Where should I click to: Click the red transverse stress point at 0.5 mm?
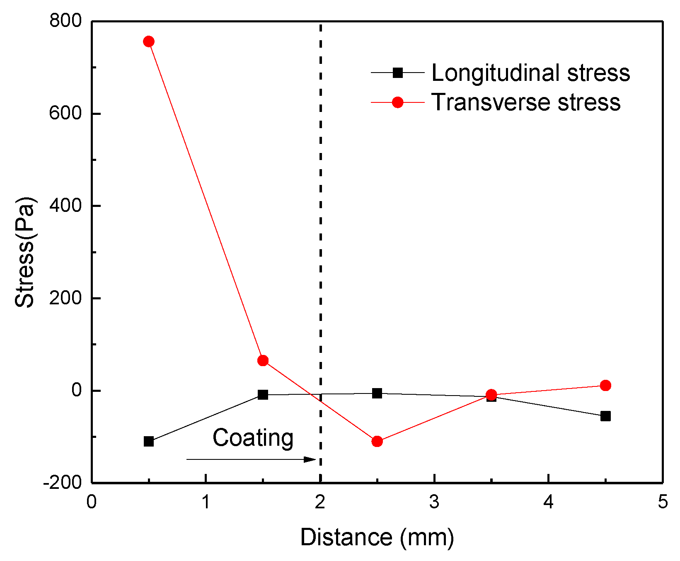coord(149,41)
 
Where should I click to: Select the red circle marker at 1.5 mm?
coord(263,360)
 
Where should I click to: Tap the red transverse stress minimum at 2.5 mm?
coord(377,441)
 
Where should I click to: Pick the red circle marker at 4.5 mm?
coord(605,385)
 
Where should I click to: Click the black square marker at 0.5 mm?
coord(149,441)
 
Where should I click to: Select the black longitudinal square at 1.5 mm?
coord(263,394)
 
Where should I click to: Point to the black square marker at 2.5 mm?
coord(377,393)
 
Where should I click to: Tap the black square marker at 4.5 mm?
coord(605,416)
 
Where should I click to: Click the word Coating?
coord(253,438)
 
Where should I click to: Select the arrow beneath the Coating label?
coord(251,459)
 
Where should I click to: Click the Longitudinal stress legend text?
coord(530,73)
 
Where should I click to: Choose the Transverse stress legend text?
coord(526,102)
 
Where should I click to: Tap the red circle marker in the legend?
coord(397,102)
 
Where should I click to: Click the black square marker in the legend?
coord(397,73)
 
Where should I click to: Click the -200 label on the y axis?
coord(62,483)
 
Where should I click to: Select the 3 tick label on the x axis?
coord(434,502)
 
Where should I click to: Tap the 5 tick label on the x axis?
coord(663,502)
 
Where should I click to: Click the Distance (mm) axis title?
coord(377,537)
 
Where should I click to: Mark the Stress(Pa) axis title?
coord(25,252)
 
